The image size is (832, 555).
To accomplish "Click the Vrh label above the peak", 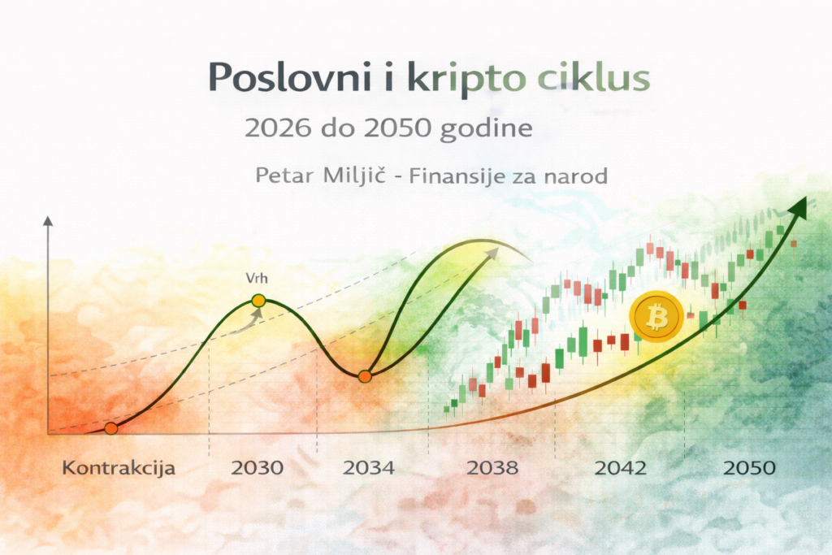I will click(257, 279).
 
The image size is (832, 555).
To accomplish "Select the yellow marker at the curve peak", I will click(258, 301).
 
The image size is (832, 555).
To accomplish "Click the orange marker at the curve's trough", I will click(365, 376).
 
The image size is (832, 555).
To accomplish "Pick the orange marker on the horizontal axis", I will click(111, 428).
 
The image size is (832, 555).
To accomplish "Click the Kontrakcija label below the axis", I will click(119, 469).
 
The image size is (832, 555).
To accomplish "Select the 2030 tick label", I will click(258, 469).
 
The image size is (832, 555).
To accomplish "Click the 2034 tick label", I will click(369, 469).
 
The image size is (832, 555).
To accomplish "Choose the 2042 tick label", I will click(620, 469).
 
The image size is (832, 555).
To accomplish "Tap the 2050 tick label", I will click(749, 469).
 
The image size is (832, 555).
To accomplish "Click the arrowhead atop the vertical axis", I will click(48, 220).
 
